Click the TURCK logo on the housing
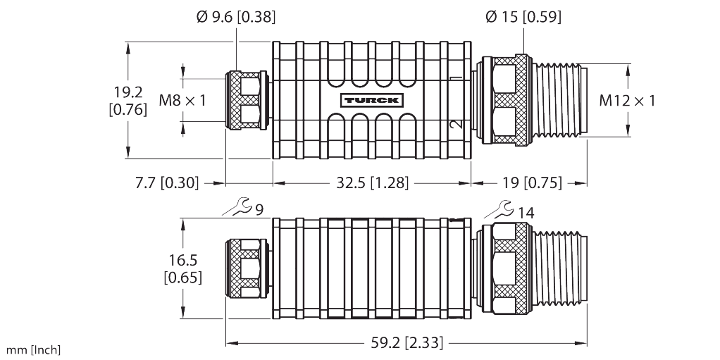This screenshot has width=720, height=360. [x=372, y=101]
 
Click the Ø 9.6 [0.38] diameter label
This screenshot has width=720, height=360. [x=236, y=17]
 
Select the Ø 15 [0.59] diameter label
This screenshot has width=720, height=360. [x=523, y=17]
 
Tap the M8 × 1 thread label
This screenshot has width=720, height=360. [x=182, y=100]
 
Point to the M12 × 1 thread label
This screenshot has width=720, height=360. [x=627, y=100]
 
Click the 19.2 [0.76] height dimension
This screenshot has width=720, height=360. [x=128, y=101]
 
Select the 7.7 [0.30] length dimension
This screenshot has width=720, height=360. [x=167, y=183]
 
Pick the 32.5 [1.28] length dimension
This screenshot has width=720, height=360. [x=372, y=183]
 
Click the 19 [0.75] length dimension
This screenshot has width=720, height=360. [x=532, y=183]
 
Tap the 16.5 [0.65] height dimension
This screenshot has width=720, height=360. [x=182, y=268]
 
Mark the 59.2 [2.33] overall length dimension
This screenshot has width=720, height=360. [x=406, y=342]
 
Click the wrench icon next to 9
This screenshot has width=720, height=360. [x=238, y=206]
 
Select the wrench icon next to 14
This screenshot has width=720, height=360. [x=499, y=209]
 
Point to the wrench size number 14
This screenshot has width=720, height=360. [x=526, y=213]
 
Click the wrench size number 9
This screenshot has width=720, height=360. [x=259, y=211]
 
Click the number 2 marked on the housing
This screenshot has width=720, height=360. [x=454, y=124]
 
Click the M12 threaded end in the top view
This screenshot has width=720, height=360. [x=559, y=100]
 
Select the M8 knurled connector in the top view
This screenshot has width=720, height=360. [x=247, y=100]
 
